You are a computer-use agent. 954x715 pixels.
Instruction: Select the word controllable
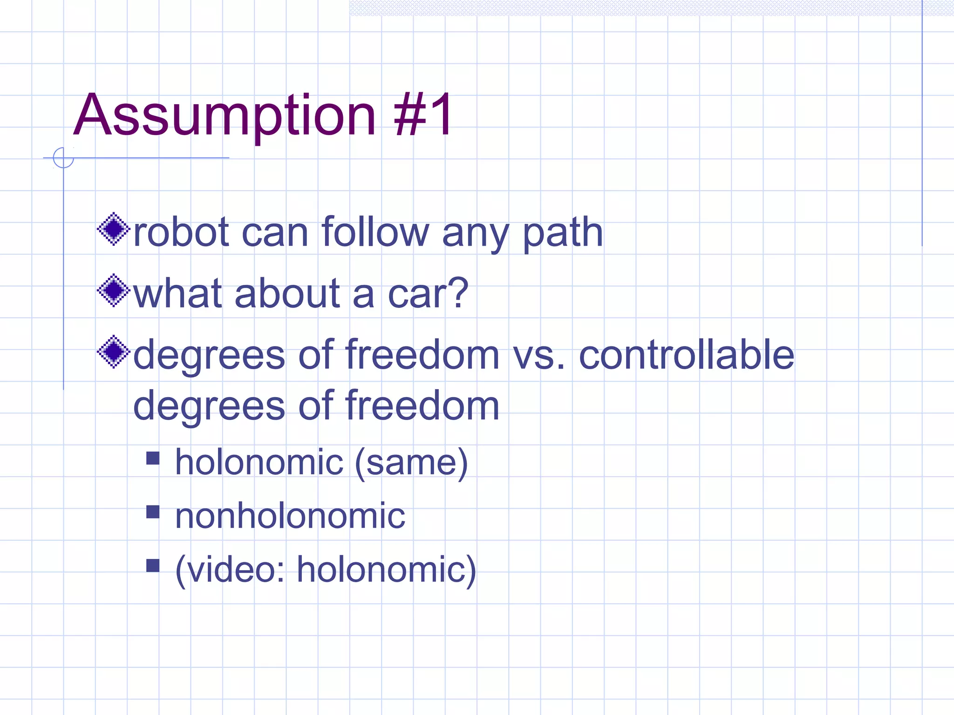(686, 355)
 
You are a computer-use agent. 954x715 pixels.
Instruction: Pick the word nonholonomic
(290, 516)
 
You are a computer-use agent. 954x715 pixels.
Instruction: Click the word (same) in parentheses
(411, 463)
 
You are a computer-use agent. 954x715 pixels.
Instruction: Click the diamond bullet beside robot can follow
(113, 229)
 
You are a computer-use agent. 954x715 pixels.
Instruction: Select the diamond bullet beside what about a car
(113, 290)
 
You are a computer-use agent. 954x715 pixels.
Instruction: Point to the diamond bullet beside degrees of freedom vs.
(113, 352)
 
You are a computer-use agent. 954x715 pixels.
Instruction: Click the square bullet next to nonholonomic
(153, 512)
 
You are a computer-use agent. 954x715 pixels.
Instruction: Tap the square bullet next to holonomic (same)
(153, 459)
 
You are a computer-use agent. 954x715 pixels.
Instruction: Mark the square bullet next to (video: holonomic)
(153, 565)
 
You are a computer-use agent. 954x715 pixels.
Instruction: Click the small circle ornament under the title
(63, 157)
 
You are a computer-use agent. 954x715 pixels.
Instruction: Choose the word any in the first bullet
(475, 233)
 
